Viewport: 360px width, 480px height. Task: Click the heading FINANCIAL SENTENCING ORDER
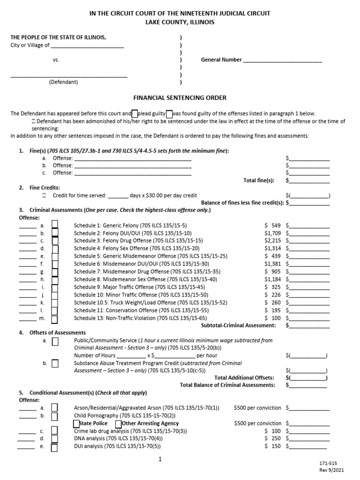click(x=180, y=97)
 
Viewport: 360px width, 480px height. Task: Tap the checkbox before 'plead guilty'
click(x=135, y=114)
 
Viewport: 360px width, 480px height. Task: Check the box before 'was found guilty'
click(x=169, y=114)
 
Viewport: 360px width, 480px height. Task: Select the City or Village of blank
click(x=87, y=45)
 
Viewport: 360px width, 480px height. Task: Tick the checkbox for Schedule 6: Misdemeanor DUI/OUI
click(x=55, y=264)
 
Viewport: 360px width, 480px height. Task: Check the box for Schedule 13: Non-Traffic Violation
click(x=55, y=319)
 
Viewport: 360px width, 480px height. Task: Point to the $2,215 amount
click(x=272, y=240)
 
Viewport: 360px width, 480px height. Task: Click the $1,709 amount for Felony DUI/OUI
click(x=272, y=233)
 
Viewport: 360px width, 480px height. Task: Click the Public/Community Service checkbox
click(x=55, y=341)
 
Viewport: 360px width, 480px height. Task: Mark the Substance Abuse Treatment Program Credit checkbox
click(x=55, y=363)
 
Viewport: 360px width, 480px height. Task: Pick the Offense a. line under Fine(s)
click(x=133, y=158)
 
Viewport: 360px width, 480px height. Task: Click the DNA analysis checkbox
click(x=55, y=439)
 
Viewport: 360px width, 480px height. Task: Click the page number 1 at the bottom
click(x=160, y=460)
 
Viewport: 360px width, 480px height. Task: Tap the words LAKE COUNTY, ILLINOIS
click(x=180, y=22)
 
